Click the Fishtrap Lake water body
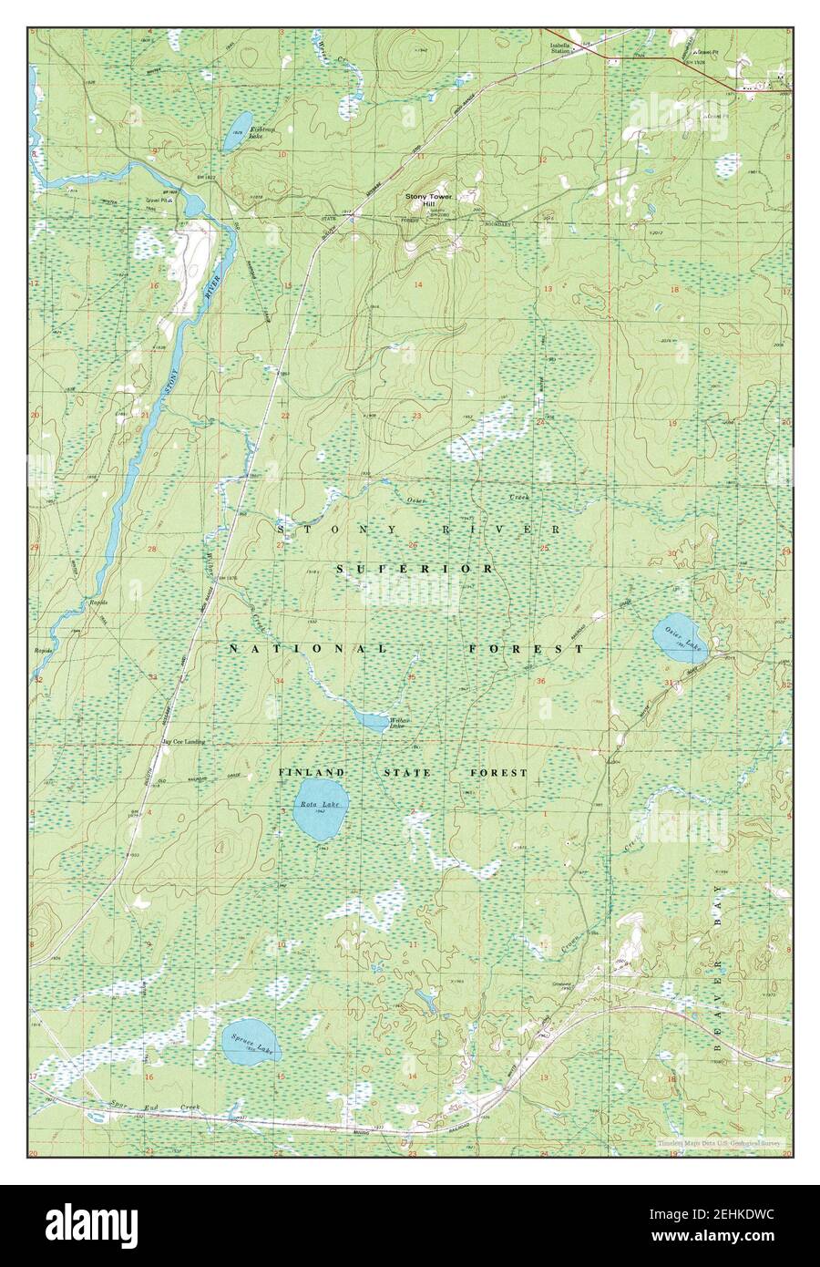click(238, 129)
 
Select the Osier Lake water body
click(680, 639)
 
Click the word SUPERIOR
click(415, 569)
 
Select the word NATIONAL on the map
click(308, 648)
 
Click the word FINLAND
click(312, 772)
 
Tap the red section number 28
click(152, 549)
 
